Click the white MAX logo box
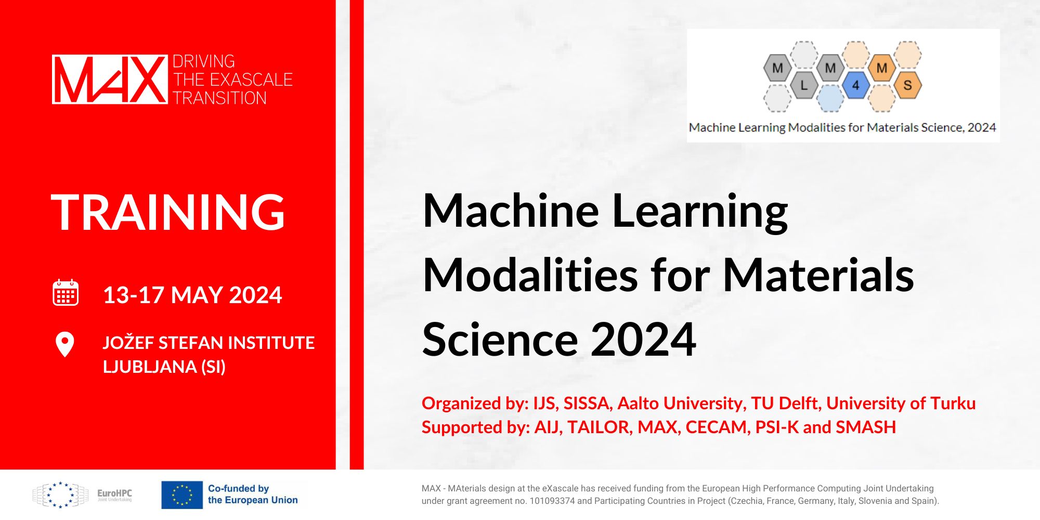[110, 79]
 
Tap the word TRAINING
[168, 212]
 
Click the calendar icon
[66, 292]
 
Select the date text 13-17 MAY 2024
[192, 295]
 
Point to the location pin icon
[65, 344]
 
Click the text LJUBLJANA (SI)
[164, 367]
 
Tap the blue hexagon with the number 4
[855, 85]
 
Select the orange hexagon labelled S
[907, 85]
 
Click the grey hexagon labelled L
[804, 85]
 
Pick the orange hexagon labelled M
[881, 68]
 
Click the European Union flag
[182, 495]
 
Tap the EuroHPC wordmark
[114, 493]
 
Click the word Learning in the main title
[700, 212]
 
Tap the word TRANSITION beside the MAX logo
[219, 98]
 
